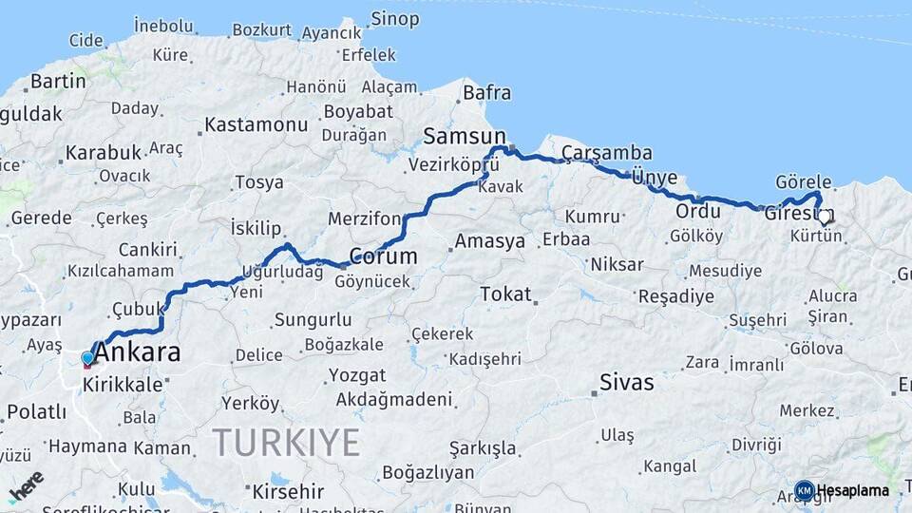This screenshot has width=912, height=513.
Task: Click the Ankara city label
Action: (x=139, y=352)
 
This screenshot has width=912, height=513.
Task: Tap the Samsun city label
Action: (x=465, y=135)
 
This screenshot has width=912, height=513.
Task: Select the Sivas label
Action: (x=626, y=383)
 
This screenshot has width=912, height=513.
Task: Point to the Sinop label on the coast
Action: (x=395, y=18)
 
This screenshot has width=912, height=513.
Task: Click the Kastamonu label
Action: (x=256, y=124)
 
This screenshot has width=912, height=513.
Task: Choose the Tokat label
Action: (x=505, y=294)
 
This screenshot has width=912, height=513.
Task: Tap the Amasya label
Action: (x=489, y=241)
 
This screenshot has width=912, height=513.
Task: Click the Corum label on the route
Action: (x=383, y=256)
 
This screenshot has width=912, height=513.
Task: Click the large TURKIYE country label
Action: (x=286, y=442)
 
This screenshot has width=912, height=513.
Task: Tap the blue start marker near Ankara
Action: (x=87, y=358)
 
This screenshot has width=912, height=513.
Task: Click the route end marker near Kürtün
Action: (x=825, y=218)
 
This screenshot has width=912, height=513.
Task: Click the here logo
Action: (x=26, y=485)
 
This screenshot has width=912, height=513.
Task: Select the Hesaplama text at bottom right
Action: (x=853, y=491)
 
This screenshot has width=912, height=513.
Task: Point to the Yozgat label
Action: (x=356, y=375)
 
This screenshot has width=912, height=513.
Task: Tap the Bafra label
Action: (x=487, y=93)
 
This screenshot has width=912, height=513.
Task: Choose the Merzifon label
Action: (x=365, y=219)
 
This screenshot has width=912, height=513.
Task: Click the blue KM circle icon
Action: (x=805, y=491)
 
